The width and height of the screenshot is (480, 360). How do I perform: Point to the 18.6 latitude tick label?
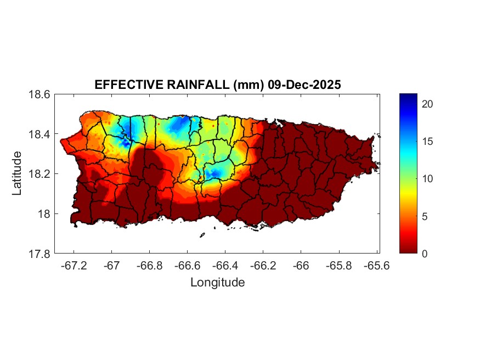point(39,94)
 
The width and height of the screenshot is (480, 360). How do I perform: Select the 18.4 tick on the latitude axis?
point(39,134)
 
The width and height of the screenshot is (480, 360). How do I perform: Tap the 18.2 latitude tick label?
point(39,174)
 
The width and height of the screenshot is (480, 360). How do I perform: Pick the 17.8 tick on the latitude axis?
point(39,254)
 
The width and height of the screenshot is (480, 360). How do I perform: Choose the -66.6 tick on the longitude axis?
point(187,265)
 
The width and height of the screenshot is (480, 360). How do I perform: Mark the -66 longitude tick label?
point(301,265)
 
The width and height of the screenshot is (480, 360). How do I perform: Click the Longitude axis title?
point(217,283)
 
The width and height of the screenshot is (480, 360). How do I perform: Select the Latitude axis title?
point(18,173)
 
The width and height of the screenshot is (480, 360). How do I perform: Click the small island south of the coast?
point(202,235)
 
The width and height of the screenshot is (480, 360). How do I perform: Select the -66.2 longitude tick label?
point(263,265)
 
